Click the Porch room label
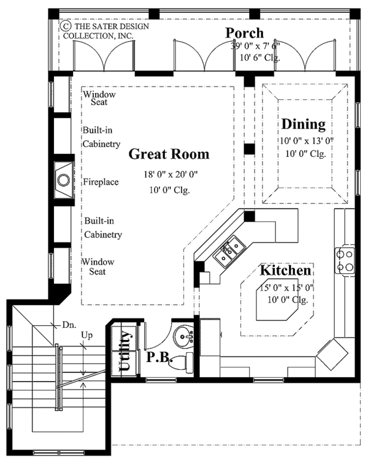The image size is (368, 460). (x=244, y=33)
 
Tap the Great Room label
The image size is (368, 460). (x=168, y=154)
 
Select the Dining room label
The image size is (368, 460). (x=303, y=124)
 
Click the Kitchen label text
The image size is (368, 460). (x=285, y=270)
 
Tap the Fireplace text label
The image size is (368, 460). (x=101, y=182)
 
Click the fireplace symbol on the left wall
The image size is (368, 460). (x=64, y=180)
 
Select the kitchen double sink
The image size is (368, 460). (x=231, y=251)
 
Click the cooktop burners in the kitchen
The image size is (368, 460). (x=344, y=260)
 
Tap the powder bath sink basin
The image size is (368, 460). (x=183, y=337)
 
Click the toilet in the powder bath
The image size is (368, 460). (x=180, y=361)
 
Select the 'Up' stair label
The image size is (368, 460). (x=88, y=336)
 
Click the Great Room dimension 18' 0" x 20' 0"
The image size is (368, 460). (x=167, y=175)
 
